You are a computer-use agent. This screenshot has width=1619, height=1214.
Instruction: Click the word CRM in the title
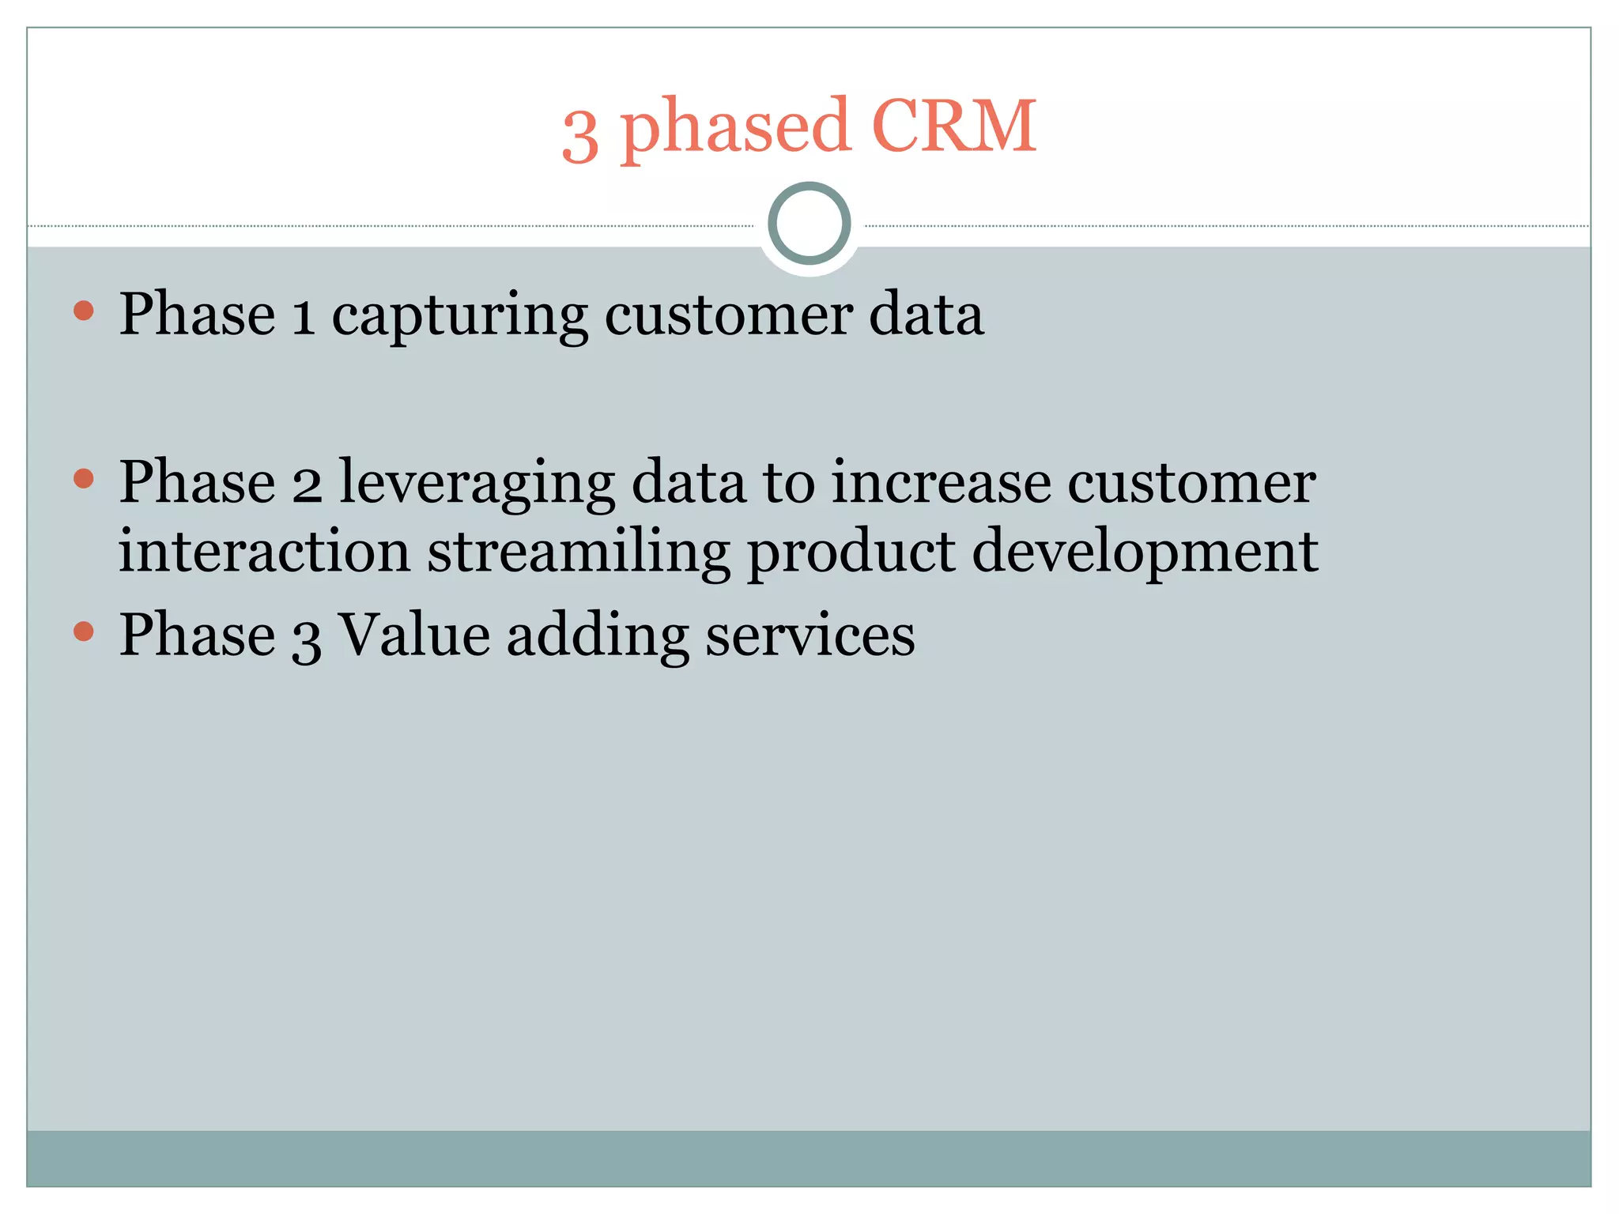point(953,126)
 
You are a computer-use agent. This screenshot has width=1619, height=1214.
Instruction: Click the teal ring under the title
point(809,224)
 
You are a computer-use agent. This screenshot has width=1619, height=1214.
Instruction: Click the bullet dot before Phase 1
point(83,311)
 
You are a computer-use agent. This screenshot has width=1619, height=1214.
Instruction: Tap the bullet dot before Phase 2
point(83,478)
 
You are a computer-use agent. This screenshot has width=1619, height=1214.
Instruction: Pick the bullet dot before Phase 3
point(83,631)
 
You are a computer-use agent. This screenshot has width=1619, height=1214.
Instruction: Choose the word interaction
point(264,552)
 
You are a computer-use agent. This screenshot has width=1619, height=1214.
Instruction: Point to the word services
point(809,636)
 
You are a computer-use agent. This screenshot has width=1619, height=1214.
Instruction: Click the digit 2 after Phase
point(308,484)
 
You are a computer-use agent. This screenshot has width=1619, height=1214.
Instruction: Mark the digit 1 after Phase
point(304,316)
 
